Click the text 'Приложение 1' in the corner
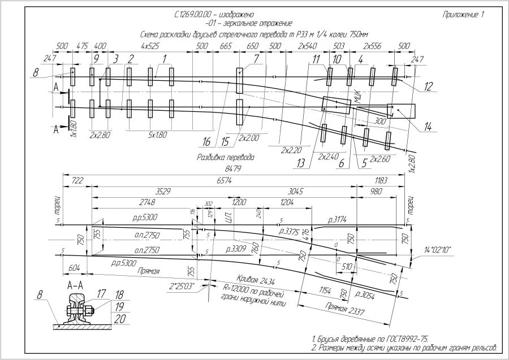[x=464, y=15]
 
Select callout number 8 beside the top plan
[x=36, y=72]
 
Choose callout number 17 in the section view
[x=101, y=293]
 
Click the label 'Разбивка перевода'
[x=225, y=158]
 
